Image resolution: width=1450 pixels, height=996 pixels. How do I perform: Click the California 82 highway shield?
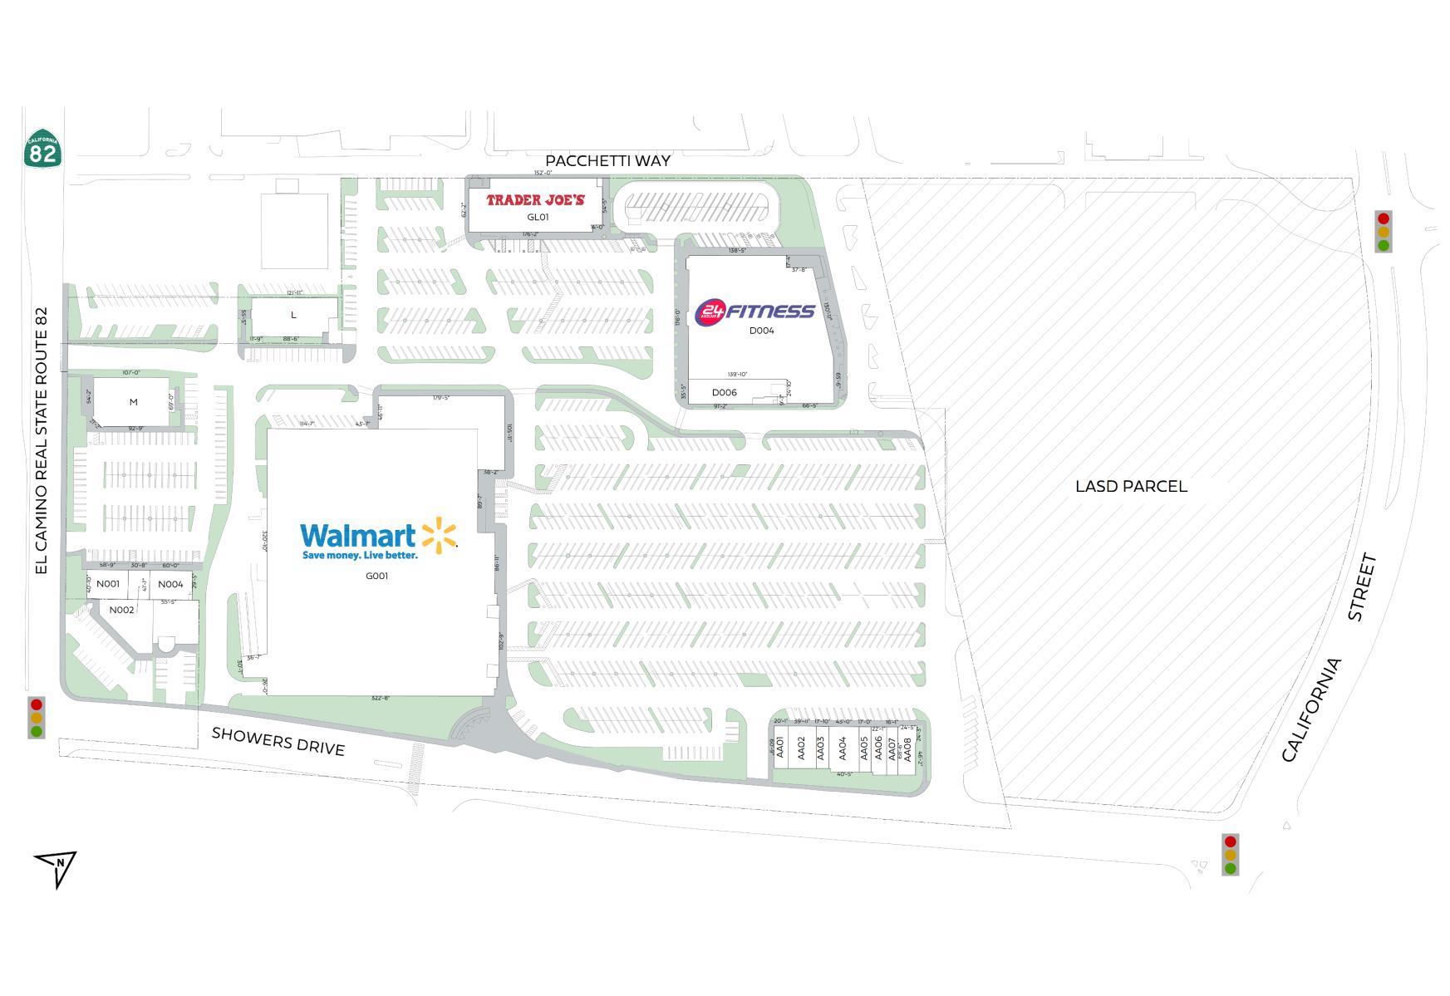pyautogui.click(x=42, y=149)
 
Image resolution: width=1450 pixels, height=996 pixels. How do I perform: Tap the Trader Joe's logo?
pyautogui.click(x=535, y=200)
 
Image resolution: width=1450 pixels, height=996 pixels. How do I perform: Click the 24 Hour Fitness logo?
pyautogui.click(x=754, y=312)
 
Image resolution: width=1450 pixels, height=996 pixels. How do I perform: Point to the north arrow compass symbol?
pyautogui.click(x=57, y=866)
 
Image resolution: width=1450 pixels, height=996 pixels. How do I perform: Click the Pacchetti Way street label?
pyautogui.click(x=607, y=160)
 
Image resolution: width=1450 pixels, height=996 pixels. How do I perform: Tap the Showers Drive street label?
pyautogui.click(x=278, y=740)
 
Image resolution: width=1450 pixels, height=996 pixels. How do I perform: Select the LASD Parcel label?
pyautogui.click(x=1131, y=487)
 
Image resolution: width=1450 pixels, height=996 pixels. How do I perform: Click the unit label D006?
pyautogui.click(x=724, y=393)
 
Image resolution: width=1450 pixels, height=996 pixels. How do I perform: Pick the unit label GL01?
pyautogui.click(x=538, y=218)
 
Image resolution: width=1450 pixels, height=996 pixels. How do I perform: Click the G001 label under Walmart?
pyautogui.click(x=376, y=576)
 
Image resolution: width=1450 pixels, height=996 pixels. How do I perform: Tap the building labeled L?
pyautogui.click(x=293, y=316)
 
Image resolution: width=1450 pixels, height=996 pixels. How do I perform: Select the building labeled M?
pyautogui.click(x=133, y=402)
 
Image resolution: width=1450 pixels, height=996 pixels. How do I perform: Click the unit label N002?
pyautogui.click(x=121, y=611)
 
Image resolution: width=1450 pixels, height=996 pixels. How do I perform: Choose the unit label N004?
pyautogui.click(x=170, y=585)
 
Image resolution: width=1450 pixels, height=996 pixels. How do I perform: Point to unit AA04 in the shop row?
pyautogui.click(x=843, y=748)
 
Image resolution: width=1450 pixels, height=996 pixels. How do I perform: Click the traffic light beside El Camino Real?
pyautogui.click(x=36, y=718)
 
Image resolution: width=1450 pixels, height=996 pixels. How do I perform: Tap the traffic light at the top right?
pyautogui.click(x=1383, y=232)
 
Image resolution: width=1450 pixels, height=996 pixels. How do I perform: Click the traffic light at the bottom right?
pyautogui.click(x=1230, y=855)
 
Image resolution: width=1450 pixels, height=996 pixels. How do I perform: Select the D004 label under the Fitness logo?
pyautogui.click(x=761, y=331)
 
